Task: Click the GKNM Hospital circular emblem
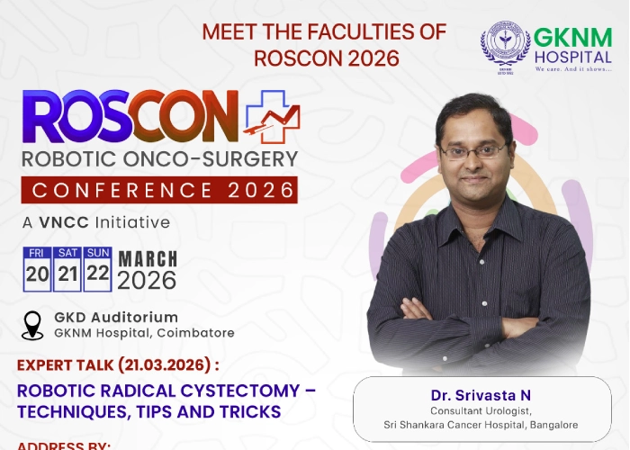coord(505,47)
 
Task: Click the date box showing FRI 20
coord(37,267)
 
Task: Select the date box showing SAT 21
coord(67,267)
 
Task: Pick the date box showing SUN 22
coord(97,267)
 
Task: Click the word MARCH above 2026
coord(147,258)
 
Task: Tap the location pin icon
coord(32,325)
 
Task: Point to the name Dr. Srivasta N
coord(469,394)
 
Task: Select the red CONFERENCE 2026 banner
coord(160,190)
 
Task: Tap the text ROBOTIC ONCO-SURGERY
coord(159,159)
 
